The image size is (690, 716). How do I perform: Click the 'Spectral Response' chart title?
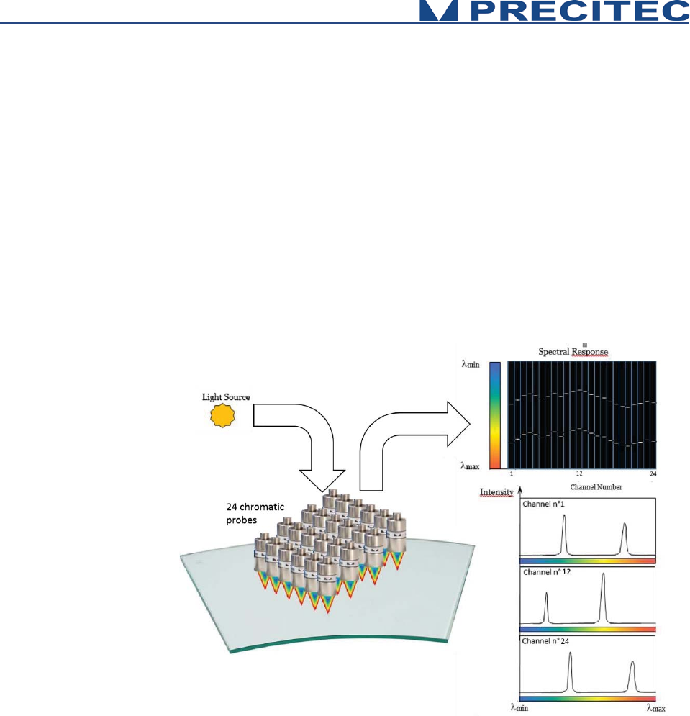click(x=573, y=352)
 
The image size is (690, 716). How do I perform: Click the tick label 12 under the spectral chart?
click(x=578, y=473)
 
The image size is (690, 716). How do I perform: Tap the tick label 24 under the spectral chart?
click(x=653, y=473)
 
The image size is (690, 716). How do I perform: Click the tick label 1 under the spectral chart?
click(x=511, y=473)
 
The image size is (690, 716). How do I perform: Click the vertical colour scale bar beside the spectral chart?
click(x=495, y=415)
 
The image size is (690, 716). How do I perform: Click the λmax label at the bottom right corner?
click(x=657, y=708)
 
